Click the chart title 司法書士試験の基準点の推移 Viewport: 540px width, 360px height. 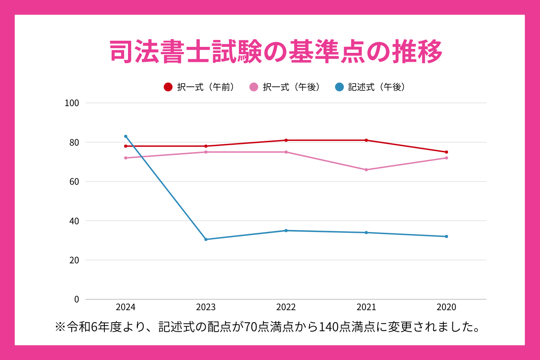point(276,52)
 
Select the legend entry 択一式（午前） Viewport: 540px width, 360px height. point(200,87)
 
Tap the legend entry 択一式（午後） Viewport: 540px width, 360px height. point(285,87)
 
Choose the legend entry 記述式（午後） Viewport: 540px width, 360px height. point(370,87)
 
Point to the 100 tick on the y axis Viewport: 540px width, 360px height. point(72,103)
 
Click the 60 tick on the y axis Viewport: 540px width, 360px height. point(74,182)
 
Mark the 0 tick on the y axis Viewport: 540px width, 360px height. point(76,299)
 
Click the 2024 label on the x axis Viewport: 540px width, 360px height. point(125,308)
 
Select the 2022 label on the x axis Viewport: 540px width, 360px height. point(286,308)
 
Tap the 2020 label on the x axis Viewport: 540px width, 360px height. point(446,308)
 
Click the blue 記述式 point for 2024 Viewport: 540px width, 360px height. point(125,136)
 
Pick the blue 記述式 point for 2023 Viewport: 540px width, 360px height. point(206,239)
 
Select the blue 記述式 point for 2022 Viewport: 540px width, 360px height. point(286,231)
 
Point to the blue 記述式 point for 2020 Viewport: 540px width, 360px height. point(446,236)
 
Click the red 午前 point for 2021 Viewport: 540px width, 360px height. point(366,140)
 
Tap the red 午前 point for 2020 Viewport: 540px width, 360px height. point(446,152)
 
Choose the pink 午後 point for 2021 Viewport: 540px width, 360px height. point(366,170)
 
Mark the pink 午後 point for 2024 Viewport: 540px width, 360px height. point(125,158)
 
